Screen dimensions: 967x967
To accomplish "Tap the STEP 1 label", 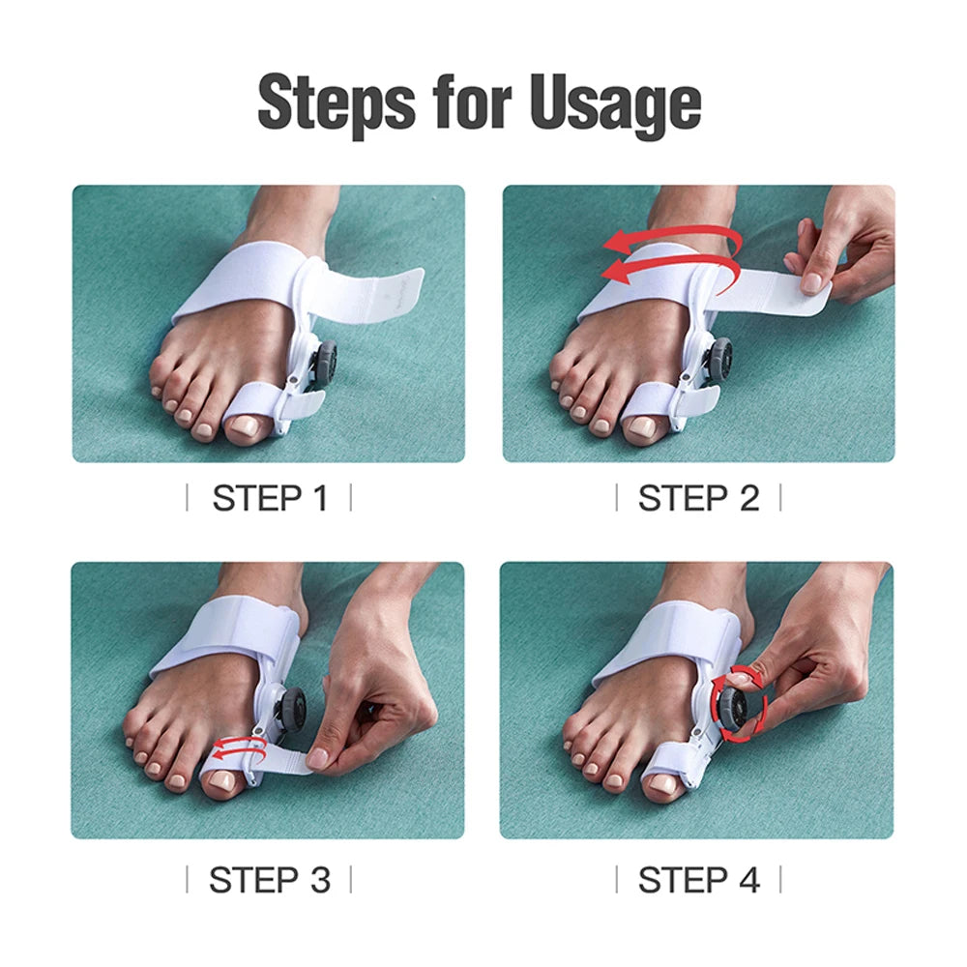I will click(x=269, y=499).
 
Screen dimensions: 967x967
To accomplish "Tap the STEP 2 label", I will click(x=698, y=499).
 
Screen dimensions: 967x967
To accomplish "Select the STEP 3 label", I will click(x=269, y=880).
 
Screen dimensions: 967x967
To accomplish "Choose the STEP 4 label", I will click(x=698, y=880).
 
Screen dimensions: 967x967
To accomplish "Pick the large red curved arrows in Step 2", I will click(x=667, y=253).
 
